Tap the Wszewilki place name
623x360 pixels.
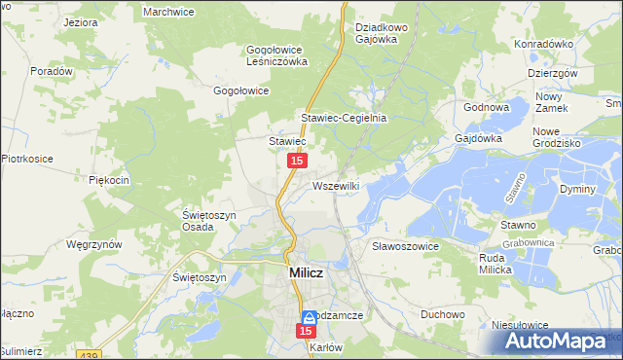338,185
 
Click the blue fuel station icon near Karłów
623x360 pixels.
309,317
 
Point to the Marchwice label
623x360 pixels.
170,12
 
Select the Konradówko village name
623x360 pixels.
542,44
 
